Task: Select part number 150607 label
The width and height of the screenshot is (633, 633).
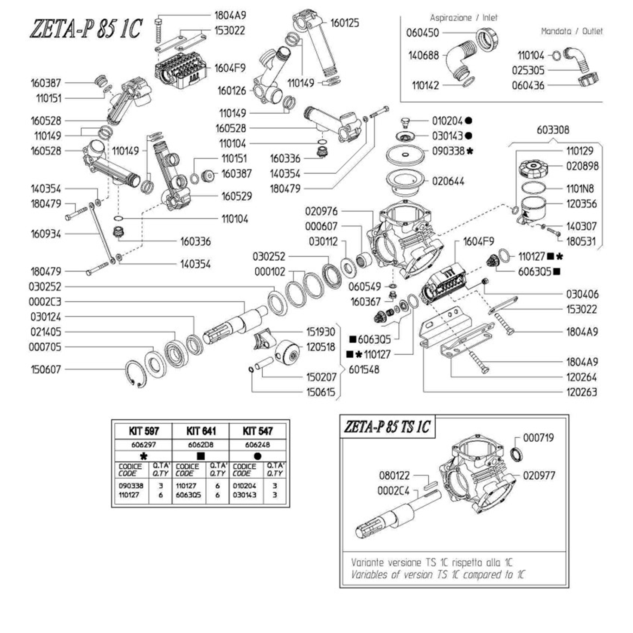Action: pos(46,369)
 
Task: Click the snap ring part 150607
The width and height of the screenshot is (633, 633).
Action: pos(136,374)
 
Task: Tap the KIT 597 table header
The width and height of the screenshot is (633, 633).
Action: pos(143,431)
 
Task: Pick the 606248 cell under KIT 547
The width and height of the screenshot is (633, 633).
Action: pos(257,445)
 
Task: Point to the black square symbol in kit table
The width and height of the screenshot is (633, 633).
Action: pos(201,456)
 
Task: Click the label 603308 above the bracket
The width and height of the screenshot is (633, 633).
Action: pos(552,130)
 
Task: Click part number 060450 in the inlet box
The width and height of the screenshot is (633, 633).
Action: pos(422,33)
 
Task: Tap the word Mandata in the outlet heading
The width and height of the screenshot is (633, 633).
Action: pos(556,31)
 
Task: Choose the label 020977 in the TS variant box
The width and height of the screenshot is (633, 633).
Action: pos(539,475)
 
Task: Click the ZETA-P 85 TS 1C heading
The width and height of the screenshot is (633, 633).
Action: pos(387,427)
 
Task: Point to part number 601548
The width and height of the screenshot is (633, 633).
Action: pos(364,370)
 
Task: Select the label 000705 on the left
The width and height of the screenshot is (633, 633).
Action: pos(45,347)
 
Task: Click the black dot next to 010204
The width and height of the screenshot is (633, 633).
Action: pos(468,121)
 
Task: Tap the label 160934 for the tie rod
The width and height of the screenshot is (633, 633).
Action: pos(46,234)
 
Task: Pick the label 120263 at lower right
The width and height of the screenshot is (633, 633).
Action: pos(581,392)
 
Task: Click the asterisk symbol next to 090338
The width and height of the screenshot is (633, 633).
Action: pos(469,151)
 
